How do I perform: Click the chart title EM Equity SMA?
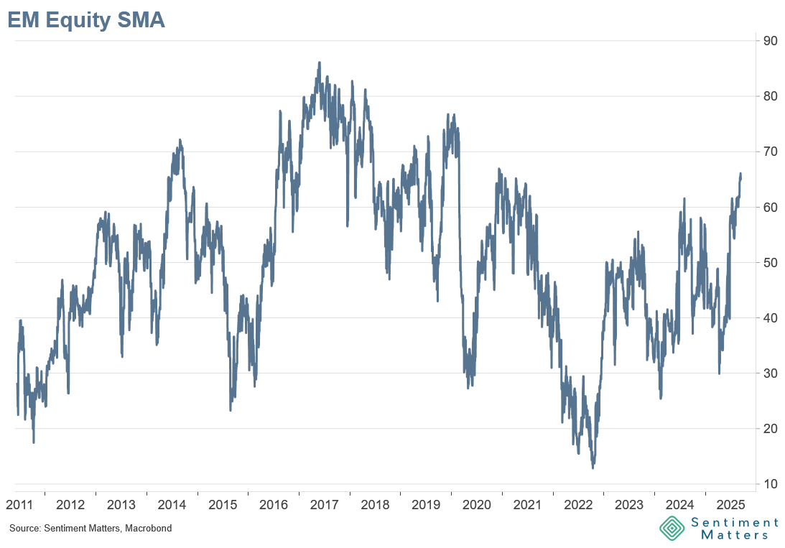[86, 20]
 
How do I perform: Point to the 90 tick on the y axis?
[771, 41]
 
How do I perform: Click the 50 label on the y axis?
[771, 263]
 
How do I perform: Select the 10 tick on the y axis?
[771, 484]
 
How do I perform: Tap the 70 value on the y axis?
[771, 152]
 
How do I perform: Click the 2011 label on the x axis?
[19, 505]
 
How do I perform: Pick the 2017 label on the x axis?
[324, 505]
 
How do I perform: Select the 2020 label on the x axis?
[476, 505]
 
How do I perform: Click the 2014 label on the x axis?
[172, 505]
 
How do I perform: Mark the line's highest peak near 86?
[319, 62]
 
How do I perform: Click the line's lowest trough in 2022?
[593, 468]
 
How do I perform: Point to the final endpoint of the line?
[740, 175]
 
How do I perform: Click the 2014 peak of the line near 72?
[179, 140]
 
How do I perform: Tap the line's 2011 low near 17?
[34, 442]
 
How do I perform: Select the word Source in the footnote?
[23, 529]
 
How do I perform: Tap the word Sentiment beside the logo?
[735, 522]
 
